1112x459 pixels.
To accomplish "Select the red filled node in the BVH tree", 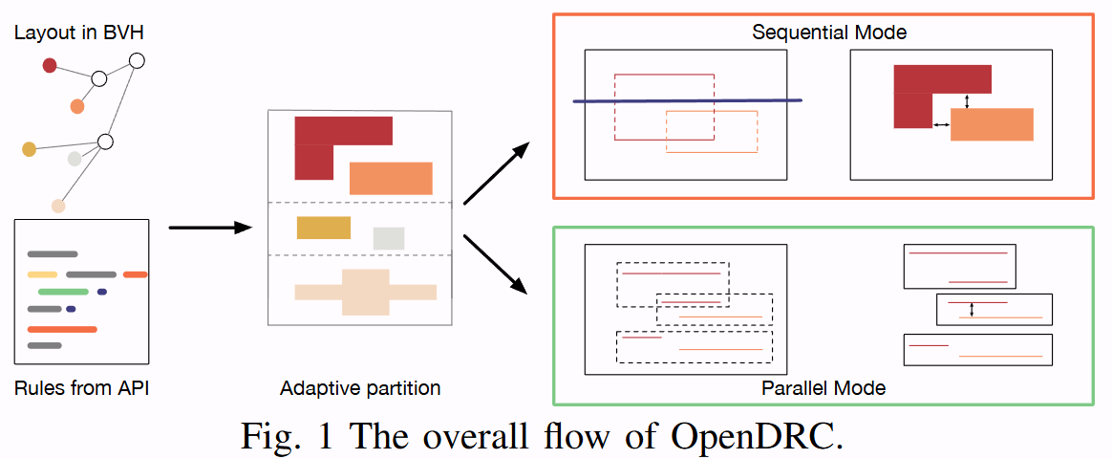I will coord(50,65).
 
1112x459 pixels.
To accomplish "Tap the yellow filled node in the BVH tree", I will coord(29,148).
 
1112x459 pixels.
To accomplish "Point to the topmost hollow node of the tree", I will coord(137,61).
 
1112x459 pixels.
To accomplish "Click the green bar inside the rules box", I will coord(63,292).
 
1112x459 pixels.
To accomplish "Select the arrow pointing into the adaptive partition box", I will coord(209,228).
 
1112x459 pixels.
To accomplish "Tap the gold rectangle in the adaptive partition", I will coord(324,228).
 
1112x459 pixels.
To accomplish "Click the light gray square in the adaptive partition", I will coord(389,238).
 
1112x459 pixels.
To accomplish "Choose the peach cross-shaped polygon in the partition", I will coord(366,292).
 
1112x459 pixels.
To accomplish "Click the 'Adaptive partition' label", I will coord(360,388).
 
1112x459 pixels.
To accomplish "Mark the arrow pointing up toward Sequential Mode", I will coord(497,172).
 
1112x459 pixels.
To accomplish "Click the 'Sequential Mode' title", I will coord(829,33).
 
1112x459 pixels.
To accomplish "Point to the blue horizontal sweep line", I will coord(687,100).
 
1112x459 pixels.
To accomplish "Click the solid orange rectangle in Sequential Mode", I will coord(992,124).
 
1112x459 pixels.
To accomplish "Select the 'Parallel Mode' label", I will coord(823,388).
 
